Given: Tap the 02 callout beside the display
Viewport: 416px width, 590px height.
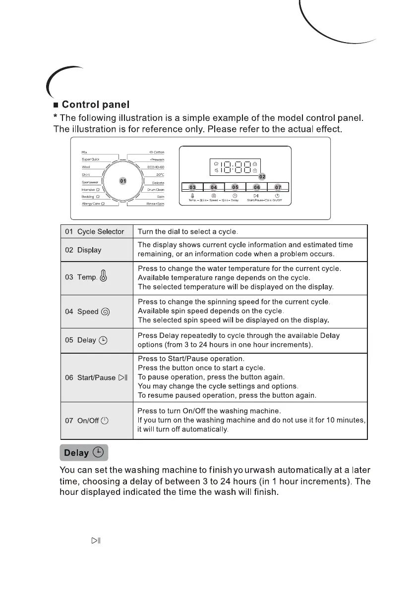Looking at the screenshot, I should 262,176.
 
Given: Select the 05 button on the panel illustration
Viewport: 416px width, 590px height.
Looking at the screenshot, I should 235,187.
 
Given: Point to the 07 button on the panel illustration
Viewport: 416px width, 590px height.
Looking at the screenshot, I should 278,187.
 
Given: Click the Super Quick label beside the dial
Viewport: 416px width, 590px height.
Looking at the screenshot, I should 91,159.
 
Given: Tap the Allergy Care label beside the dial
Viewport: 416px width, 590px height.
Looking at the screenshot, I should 93,204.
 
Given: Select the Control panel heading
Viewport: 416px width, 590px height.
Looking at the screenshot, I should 96,105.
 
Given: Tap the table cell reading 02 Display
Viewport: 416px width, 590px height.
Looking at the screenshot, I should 83,250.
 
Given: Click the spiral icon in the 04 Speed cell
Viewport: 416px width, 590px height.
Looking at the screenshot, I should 105,312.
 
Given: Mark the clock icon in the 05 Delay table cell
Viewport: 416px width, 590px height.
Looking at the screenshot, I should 103,340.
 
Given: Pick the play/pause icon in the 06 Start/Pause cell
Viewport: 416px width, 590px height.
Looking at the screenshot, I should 123,377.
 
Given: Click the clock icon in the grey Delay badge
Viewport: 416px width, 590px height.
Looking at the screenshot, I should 98,452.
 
